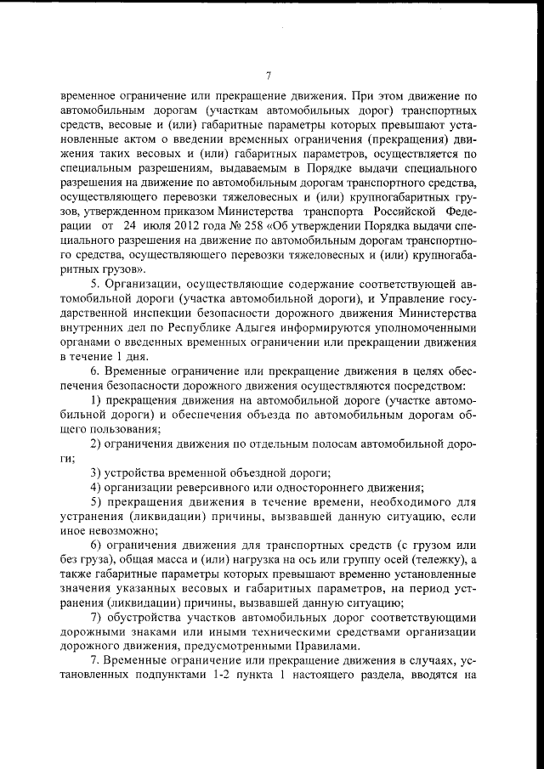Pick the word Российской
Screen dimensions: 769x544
click(x=385, y=211)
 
